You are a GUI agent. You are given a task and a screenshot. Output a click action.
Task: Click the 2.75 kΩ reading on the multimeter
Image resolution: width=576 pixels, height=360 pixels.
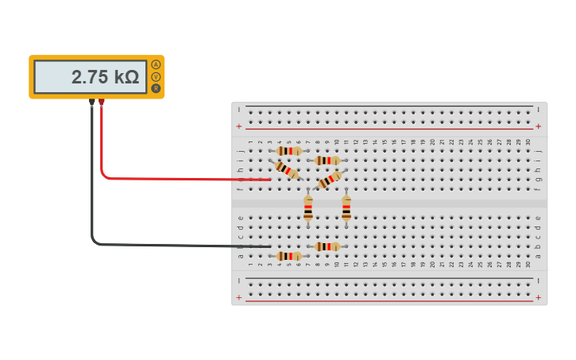pyautogui.click(x=105, y=77)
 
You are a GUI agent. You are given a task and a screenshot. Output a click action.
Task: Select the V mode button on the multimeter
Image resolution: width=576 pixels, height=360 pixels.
pyautogui.click(x=156, y=76)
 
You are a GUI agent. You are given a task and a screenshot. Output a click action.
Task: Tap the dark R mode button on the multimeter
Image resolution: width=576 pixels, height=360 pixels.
pyautogui.click(x=156, y=87)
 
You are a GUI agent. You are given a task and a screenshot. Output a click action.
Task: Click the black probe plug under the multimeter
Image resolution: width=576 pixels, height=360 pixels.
pyautogui.click(x=92, y=102)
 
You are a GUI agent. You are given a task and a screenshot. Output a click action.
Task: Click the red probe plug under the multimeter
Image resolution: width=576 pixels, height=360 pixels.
pyautogui.click(x=102, y=102)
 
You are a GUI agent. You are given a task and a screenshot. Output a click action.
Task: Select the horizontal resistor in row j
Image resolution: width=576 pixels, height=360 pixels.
pyautogui.click(x=288, y=150)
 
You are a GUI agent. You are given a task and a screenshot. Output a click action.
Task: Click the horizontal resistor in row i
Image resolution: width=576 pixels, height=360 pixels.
pyautogui.click(x=327, y=160)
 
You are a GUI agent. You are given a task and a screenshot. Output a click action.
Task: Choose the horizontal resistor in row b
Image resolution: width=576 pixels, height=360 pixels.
pyautogui.click(x=327, y=246)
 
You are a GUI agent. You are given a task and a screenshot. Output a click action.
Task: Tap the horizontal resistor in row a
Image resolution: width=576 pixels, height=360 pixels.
pyautogui.click(x=288, y=256)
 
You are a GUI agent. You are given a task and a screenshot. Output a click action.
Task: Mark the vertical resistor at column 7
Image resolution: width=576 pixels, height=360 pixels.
pyautogui.click(x=308, y=208)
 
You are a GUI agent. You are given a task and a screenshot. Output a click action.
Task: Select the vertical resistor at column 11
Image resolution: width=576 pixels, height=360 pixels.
pyautogui.click(x=346, y=208)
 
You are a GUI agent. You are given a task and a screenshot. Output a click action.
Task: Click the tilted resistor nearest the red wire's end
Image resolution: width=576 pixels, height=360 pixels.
pyautogui.click(x=286, y=169)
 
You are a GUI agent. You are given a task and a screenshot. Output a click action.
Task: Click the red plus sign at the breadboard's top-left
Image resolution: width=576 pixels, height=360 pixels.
pyautogui.click(x=238, y=126)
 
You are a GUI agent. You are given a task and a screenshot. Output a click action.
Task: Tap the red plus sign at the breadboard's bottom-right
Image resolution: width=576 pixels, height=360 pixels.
pyautogui.click(x=538, y=297)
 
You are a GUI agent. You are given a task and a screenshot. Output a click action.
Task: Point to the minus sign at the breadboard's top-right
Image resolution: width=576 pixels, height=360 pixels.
pyautogui.click(x=538, y=110)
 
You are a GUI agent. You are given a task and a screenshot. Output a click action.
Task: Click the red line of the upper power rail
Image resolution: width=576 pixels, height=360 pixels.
pyautogui.click(x=389, y=129)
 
